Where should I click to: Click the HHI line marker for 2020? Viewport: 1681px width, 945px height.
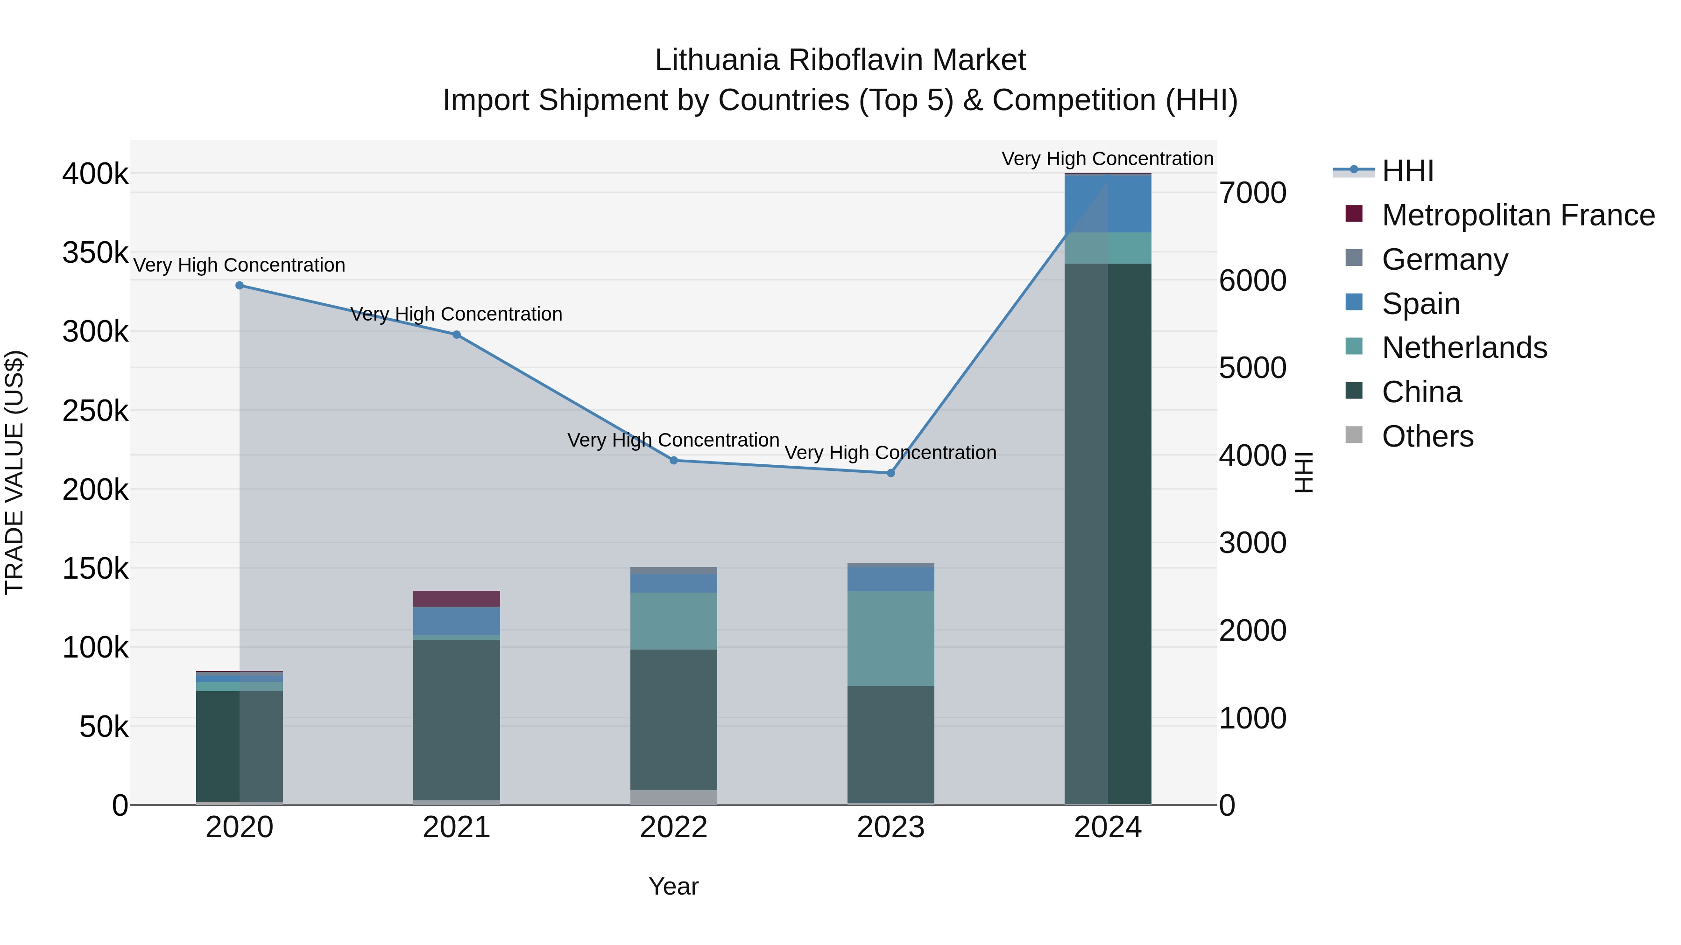[240, 286]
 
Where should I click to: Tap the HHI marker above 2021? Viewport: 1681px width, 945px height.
[457, 335]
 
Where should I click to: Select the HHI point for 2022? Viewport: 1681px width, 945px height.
[674, 461]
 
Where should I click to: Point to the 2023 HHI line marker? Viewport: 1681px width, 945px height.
[891, 473]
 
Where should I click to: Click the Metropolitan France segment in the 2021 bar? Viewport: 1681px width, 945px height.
[457, 599]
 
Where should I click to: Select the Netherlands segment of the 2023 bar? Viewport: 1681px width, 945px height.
[891, 638]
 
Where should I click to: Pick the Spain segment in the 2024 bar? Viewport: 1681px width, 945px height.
[1108, 204]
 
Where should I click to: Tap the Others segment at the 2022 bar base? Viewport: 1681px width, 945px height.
[674, 797]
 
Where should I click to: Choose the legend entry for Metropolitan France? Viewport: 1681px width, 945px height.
[1518, 215]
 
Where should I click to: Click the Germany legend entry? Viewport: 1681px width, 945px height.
[1445, 259]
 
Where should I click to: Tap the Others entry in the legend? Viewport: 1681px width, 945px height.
[1427, 436]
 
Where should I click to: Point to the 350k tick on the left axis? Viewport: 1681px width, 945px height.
[95, 252]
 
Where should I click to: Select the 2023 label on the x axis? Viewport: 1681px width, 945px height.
[891, 827]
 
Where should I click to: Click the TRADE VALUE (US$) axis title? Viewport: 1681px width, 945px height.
[14, 472]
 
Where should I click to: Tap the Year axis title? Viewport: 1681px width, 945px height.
[673, 886]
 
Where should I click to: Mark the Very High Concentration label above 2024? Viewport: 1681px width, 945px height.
[1108, 159]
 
